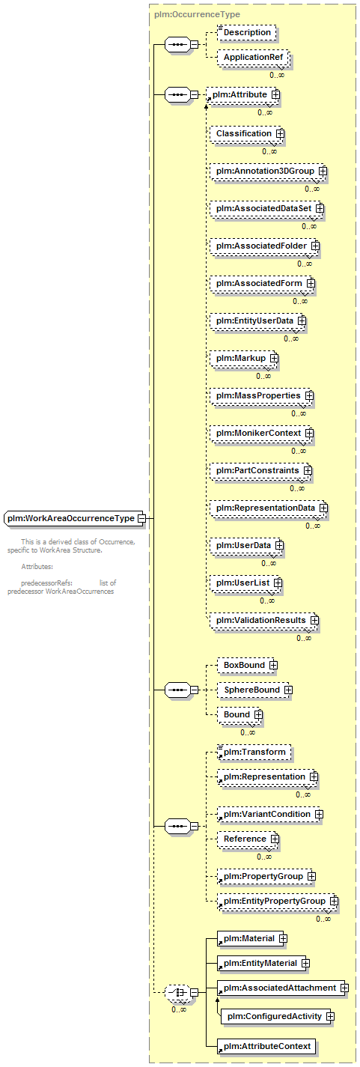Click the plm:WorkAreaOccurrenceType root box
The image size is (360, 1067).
pos(74,518)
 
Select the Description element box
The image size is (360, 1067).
pos(247,32)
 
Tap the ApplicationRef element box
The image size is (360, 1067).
pos(253,57)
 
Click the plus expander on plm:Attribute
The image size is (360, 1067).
pos(275,95)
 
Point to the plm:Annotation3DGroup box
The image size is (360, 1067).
pos(268,171)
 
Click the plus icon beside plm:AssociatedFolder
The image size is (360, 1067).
pos(315,246)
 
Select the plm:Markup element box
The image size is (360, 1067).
pos(244,358)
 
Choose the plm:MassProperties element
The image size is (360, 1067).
pos(261,396)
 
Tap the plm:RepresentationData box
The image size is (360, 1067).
pos(269,508)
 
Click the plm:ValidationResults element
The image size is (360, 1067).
pos(263,620)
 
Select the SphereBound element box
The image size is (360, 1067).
pos(254,690)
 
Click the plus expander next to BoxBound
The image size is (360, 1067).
pos(273,665)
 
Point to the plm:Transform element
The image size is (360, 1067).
pos(254,752)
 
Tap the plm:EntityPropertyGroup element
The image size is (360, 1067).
pos(278,901)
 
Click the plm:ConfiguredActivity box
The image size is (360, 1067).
pos(278,1016)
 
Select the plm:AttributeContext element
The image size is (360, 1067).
pos(266,1046)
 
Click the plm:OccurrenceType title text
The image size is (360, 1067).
pos(197,14)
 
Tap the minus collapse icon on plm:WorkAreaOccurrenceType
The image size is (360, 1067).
pos(141,518)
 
